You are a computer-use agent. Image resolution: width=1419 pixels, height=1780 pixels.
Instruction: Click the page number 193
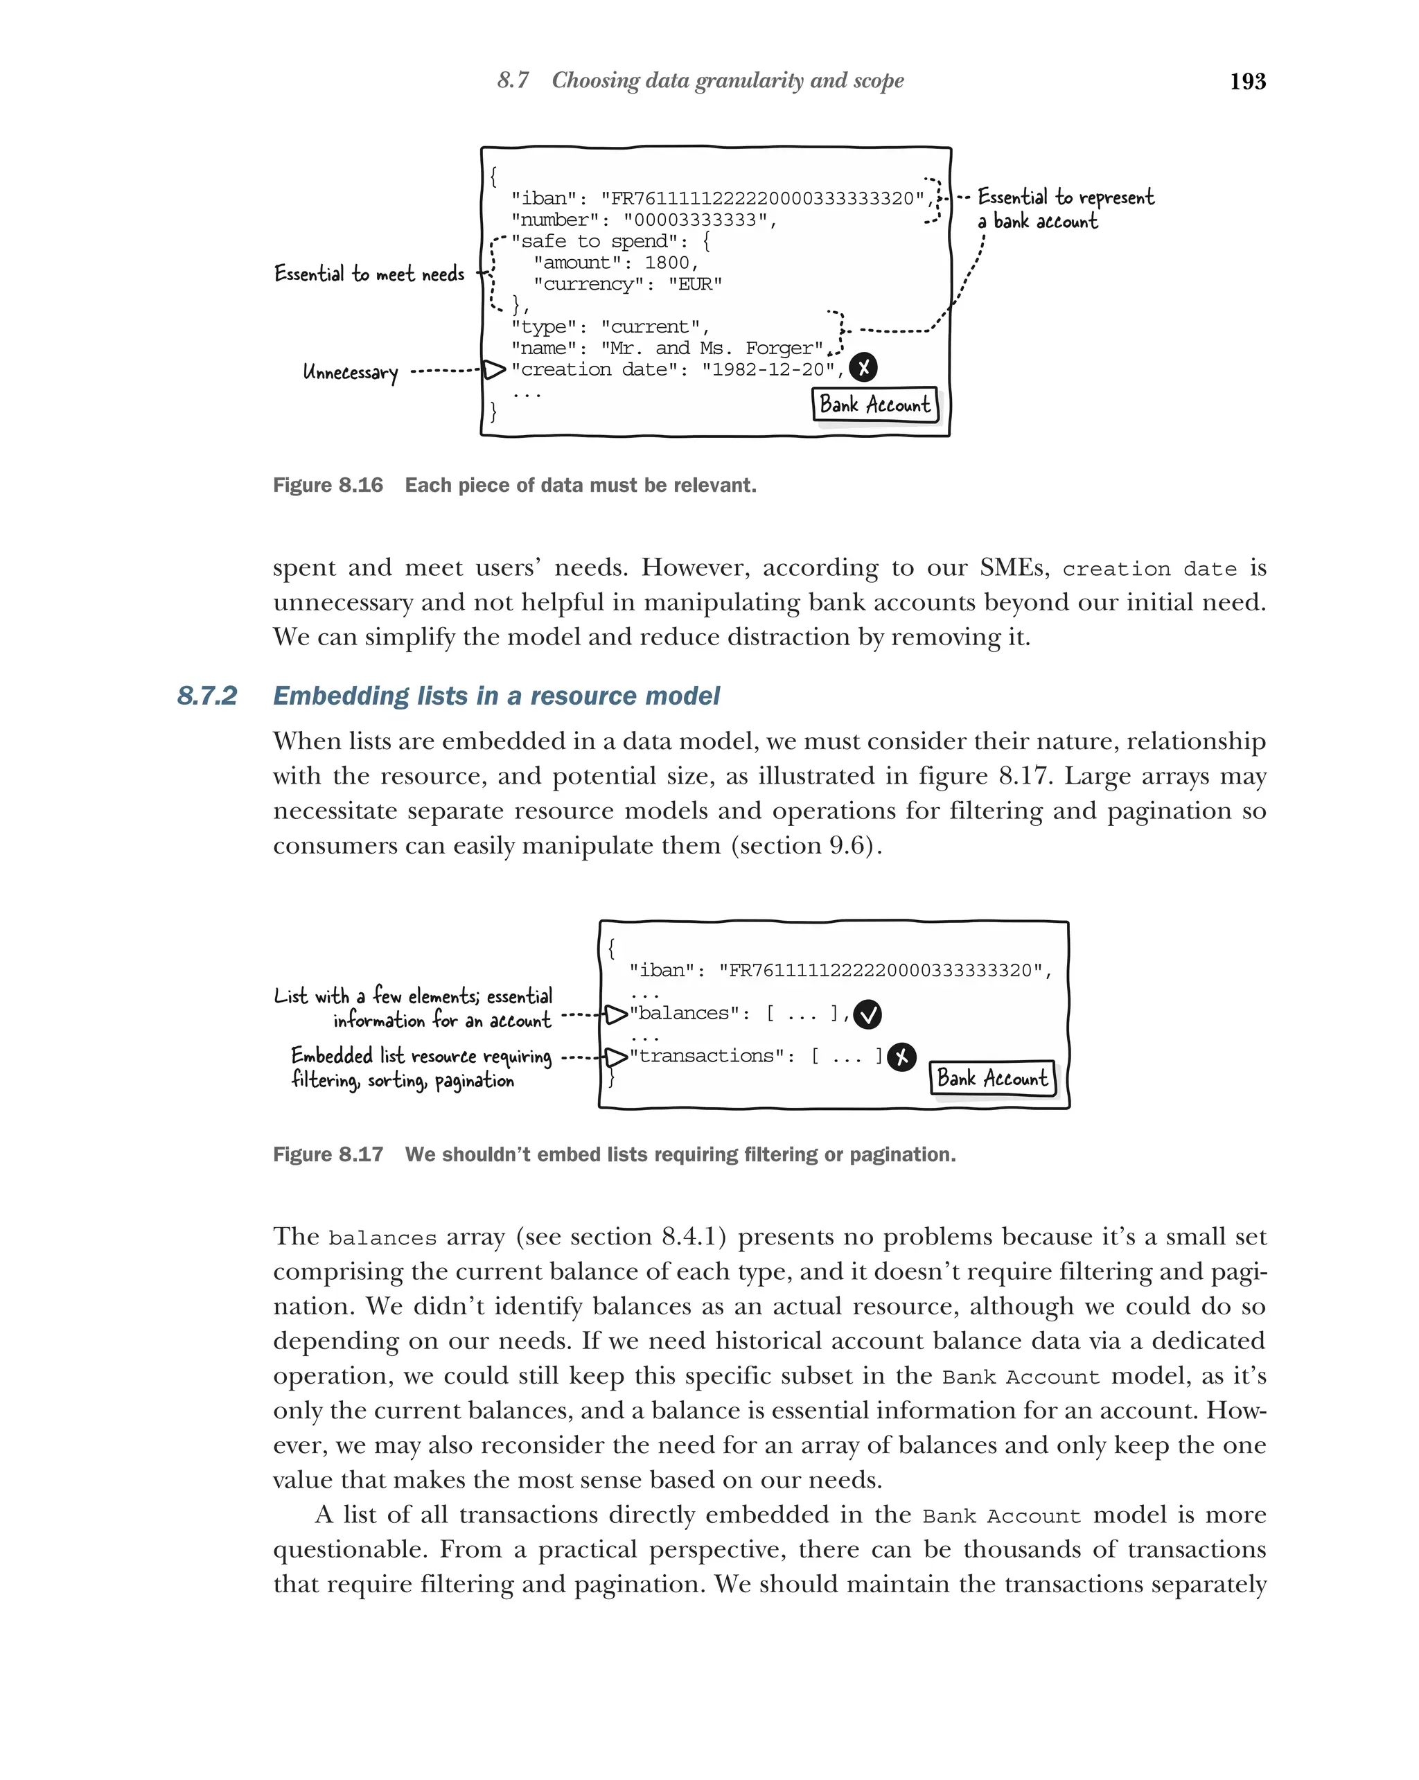[x=1246, y=81]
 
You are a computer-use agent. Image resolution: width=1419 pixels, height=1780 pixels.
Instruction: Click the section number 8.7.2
[x=206, y=696]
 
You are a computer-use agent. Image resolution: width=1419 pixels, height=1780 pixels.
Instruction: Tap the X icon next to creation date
[x=863, y=367]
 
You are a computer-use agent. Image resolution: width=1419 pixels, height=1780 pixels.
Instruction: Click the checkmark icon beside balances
[x=867, y=1014]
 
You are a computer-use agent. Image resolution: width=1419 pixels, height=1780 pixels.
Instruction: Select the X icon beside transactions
[x=901, y=1057]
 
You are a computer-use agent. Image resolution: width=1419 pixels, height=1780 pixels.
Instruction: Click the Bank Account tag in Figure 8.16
[x=875, y=405]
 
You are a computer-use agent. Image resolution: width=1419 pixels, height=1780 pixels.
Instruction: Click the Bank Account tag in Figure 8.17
[x=992, y=1078]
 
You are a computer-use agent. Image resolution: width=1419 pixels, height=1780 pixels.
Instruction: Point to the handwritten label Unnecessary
[x=350, y=372]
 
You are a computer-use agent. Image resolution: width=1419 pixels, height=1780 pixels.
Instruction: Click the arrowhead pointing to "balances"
[x=616, y=1014]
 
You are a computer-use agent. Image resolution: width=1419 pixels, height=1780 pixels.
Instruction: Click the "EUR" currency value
[x=695, y=284]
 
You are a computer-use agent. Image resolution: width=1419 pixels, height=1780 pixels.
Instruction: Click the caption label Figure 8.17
[x=328, y=1154]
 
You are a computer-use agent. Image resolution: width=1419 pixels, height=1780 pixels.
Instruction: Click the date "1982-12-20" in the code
[x=768, y=369]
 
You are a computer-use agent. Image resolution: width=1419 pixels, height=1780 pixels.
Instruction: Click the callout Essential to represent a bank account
[x=1065, y=209]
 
